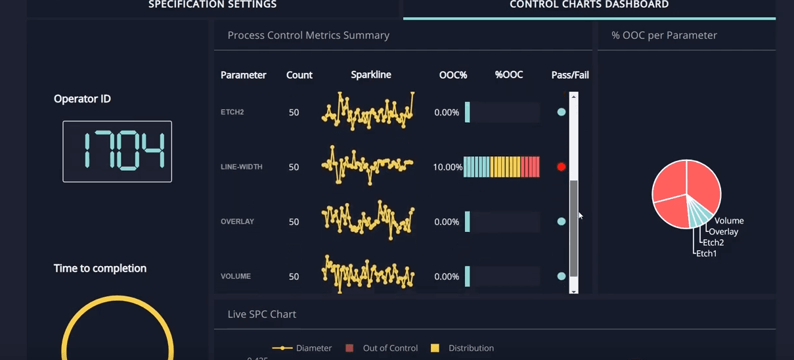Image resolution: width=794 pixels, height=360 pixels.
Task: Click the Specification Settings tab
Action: tap(212, 5)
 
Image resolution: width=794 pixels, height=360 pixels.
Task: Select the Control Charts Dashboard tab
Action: tap(589, 5)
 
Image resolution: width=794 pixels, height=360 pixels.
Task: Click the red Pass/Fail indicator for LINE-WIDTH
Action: tap(561, 167)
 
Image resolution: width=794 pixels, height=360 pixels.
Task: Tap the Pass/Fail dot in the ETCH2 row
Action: tap(561, 112)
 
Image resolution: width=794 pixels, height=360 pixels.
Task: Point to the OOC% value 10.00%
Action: tap(447, 168)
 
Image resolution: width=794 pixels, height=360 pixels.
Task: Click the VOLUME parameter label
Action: tap(236, 277)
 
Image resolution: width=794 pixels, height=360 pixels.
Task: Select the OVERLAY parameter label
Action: tap(237, 222)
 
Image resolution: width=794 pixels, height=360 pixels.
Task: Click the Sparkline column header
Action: tap(370, 75)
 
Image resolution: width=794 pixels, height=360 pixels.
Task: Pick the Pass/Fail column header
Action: tap(569, 75)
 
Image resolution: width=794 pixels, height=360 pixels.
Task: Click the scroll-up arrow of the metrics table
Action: tap(573, 97)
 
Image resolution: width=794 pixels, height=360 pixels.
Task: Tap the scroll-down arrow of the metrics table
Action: tap(573, 290)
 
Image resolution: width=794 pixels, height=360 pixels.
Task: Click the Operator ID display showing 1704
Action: tap(117, 151)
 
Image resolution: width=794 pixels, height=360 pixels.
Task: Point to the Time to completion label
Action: tap(100, 268)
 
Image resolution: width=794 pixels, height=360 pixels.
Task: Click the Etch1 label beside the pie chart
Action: tap(707, 254)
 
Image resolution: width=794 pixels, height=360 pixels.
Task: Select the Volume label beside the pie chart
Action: tap(729, 221)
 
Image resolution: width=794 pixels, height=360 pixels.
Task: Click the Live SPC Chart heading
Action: tap(261, 314)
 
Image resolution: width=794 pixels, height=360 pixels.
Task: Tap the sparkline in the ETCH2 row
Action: tap(368, 112)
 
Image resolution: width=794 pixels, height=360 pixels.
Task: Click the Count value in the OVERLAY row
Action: tap(294, 222)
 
